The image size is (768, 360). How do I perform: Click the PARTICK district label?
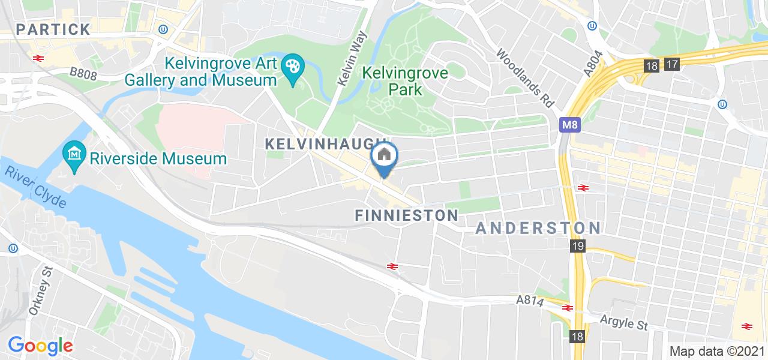pos(53,29)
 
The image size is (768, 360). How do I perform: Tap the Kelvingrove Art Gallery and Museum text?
pos(201,71)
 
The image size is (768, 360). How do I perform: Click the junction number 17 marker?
pos(671,65)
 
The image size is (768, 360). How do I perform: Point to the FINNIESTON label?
pos(407,215)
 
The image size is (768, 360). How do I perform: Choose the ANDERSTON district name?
pos(538,228)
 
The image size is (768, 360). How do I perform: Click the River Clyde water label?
pos(36,187)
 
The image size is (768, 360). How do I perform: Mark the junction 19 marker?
pos(577,247)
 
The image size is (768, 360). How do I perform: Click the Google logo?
pos(40,346)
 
